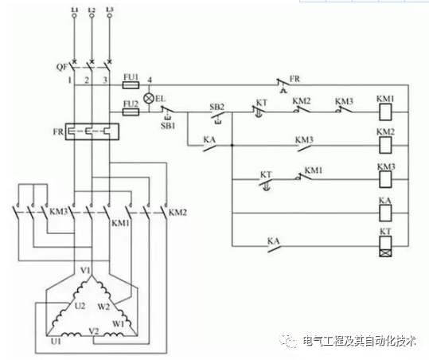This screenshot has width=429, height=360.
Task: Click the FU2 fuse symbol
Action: pyautogui.click(x=132, y=113)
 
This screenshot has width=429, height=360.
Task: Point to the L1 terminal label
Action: pyautogui.click(x=74, y=8)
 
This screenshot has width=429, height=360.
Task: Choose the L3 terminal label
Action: pyautogui.click(x=109, y=8)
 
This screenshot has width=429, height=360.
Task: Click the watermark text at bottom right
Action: pyautogui.click(x=359, y=341)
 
